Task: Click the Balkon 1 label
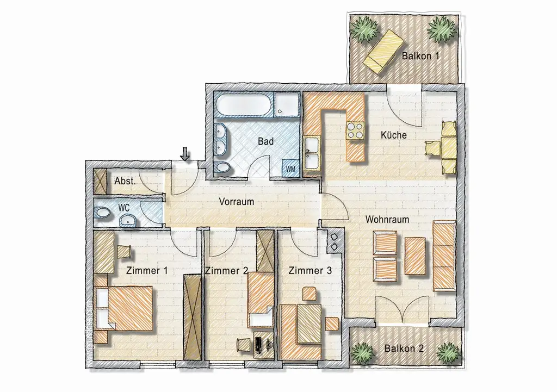pyautogui.click(x=420, y=55)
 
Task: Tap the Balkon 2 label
pyautogui.click(x=403, y=349)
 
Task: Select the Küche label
pyautogui.click(x=393, y=135)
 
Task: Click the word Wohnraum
pyautogui.click(x=387, y=220)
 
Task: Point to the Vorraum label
pyautogui.click(x=237, y=201)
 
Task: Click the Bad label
pyautogui.click(x=265, y=141)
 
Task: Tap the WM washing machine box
pyautogui.click(x=291, y=169)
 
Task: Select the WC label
pyautogui.click(x=124, y=207)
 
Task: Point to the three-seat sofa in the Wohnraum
pyautogui.click(x=443, y=256)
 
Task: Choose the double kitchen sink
pyautogui.click(x=312, y=153)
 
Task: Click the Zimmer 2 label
pyautogui.click(x=226, y=270)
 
